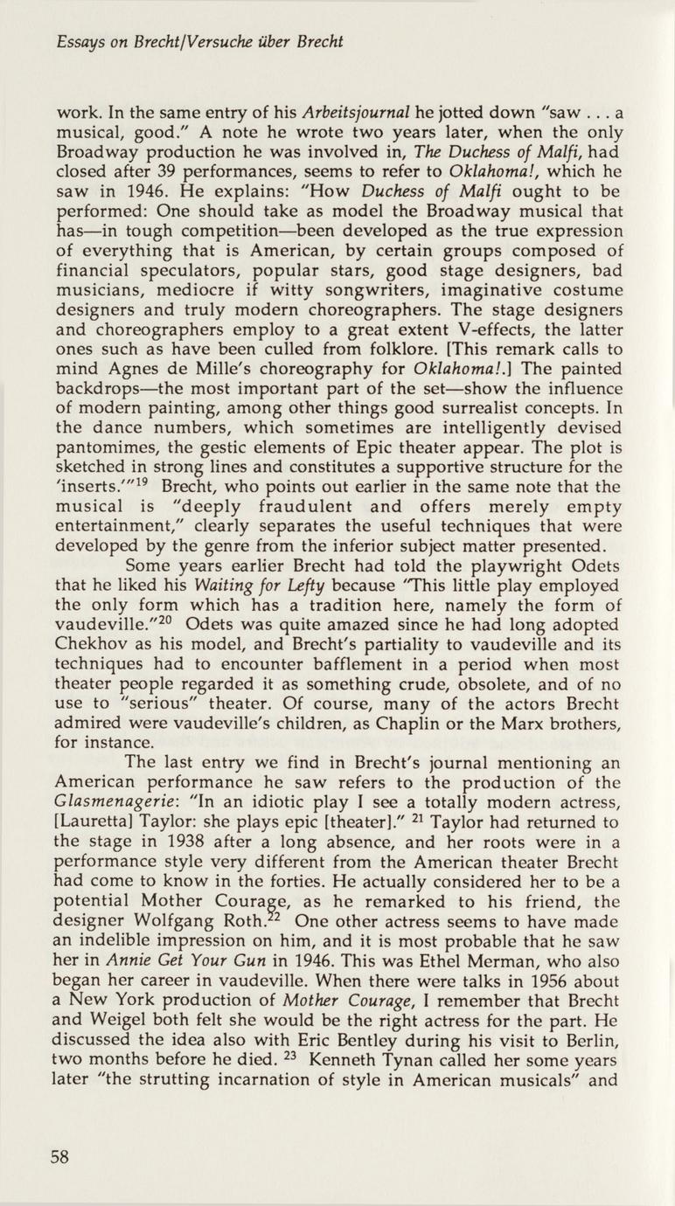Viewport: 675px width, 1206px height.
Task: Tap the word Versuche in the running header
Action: [x=249, y=41]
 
